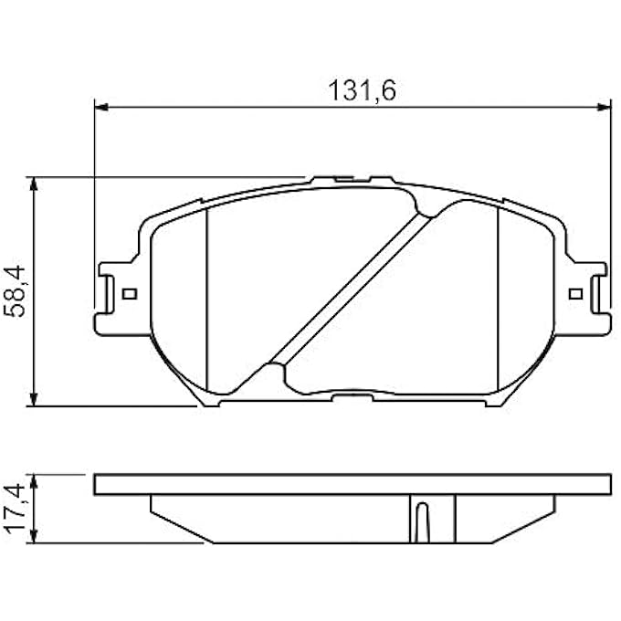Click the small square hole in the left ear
[128, 294]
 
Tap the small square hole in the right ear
[574, 294]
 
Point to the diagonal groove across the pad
[352, 287]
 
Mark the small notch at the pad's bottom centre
[352, 398]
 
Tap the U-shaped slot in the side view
[421, 521]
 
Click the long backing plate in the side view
[352, 484]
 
